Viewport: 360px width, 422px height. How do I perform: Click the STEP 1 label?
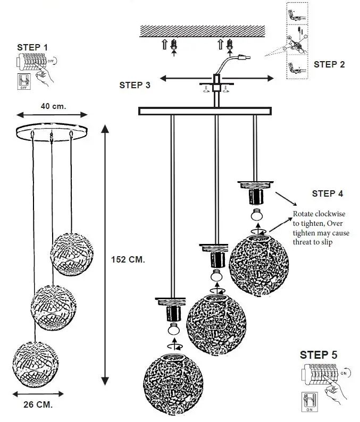tap(32, 47)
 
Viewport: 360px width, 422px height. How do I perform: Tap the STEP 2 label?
tap(329, 64)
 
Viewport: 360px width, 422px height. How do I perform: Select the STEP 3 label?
tap(135, 85)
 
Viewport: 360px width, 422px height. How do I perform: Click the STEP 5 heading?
tap(319, 355)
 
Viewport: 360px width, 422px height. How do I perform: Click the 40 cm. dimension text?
tap(53, 106)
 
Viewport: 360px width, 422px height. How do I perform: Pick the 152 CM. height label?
tap(128, 259)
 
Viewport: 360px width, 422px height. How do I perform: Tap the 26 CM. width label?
tap(38, 404)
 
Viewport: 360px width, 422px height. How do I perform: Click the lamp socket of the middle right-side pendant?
tap(216, 259)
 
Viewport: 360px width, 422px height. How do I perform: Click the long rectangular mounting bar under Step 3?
tap(205, 111)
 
